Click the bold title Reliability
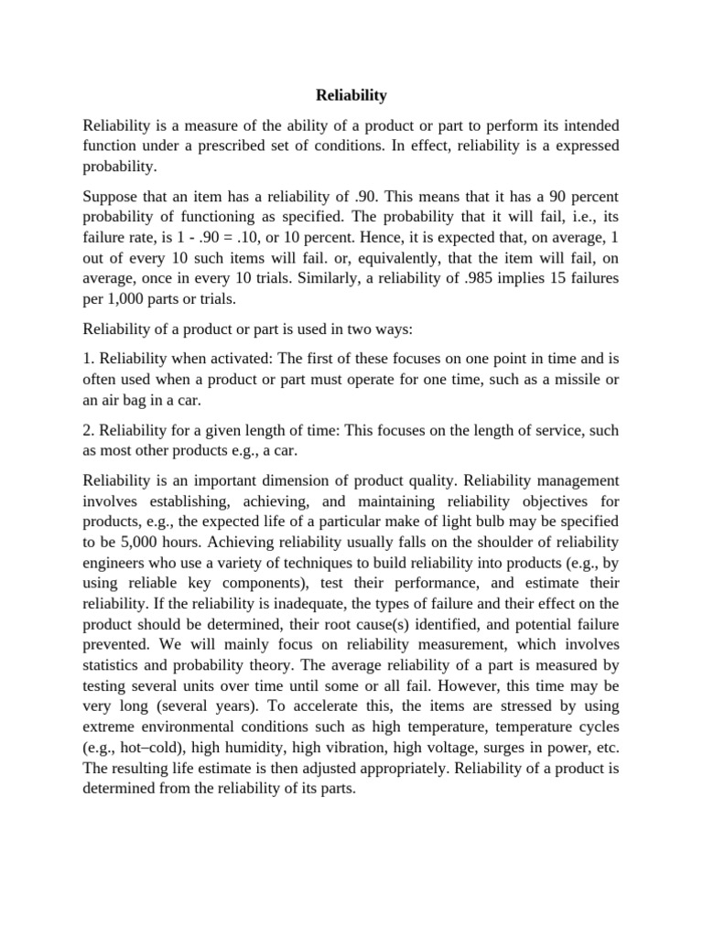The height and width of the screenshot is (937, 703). [351, 94]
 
